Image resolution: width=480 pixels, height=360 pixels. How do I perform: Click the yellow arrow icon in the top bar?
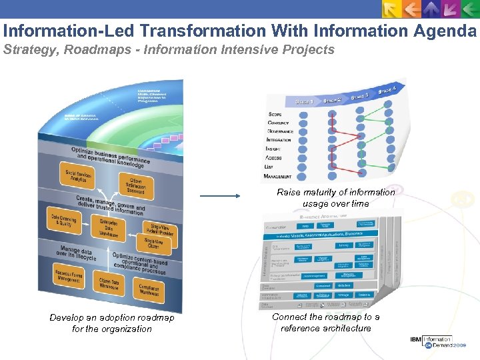pos(392,9)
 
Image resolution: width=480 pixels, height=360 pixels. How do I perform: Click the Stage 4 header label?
pos(391,88)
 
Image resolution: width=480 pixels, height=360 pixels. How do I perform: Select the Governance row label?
pos(281,131)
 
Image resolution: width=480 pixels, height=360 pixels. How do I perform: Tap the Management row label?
pos(277,177)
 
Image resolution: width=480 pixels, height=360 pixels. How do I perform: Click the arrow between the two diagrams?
pos(219,196)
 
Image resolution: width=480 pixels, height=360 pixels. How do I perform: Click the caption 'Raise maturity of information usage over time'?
pos(335,198)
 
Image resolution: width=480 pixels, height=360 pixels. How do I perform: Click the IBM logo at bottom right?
pos(417,341)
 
